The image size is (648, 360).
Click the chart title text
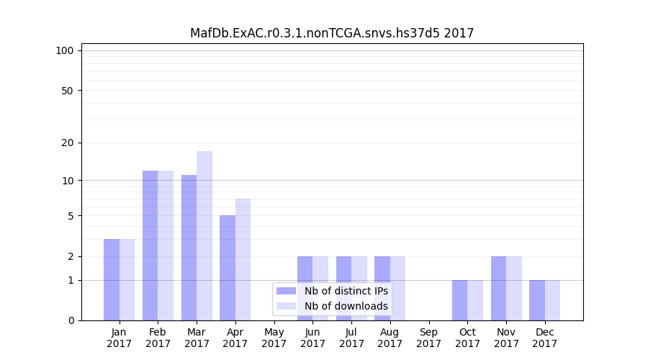coord(332,33)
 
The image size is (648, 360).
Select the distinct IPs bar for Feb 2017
coord(150,245)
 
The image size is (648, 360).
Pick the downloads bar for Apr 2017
coord(243,259)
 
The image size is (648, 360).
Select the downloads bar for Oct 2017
coord(475,300)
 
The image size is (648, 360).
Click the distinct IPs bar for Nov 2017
coord(498,288)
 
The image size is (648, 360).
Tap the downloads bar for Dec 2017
coord(552,300)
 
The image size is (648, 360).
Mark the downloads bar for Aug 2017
coord(397,288)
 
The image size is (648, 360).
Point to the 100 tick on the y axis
coord(65,50)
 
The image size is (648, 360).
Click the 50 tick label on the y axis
coord(67,91)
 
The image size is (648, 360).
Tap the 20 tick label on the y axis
coord(67,143)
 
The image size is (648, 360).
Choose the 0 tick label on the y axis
coord(71,320)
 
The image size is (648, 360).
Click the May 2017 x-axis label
coord(274,338)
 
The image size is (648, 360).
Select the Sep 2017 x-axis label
coord(428,338)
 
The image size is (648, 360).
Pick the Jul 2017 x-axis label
coord(351,338)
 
